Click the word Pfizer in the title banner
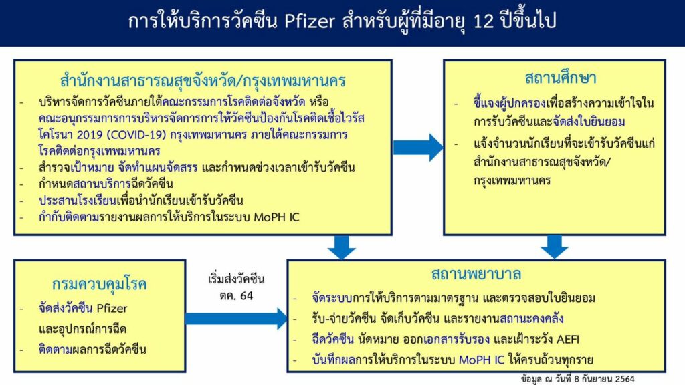pyautogui.click(x=310, y=21)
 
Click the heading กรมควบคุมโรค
pyautogui.click(x=99, y=284)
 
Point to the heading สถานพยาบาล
pyautogui.click(x=476, y=274)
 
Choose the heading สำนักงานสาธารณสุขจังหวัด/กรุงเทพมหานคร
pyautogui.click(x=203, y=81)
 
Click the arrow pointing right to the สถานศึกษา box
pyautogui.click(x=418, y=148)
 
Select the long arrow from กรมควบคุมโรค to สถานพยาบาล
pyautogui.click(x=236, y=319)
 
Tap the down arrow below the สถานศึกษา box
pyautogui.click(x=554, y=247)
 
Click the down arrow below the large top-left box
pyautogui.click(x=342, y=247)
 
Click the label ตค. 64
pyautogui.click(x=236, y=296)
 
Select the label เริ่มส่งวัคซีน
pyautogui.click(x=236, y=279)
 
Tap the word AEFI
pyautogui.click(x=568, y=339)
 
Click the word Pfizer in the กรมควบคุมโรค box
pyautogui.click(x=112, y=309)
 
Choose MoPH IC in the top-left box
pyautogui.click(x=276, y=217)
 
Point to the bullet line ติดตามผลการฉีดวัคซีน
pyautogui.click(x=92, y=349)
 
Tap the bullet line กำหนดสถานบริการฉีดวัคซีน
pyautogui.click(x=106, y=184)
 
